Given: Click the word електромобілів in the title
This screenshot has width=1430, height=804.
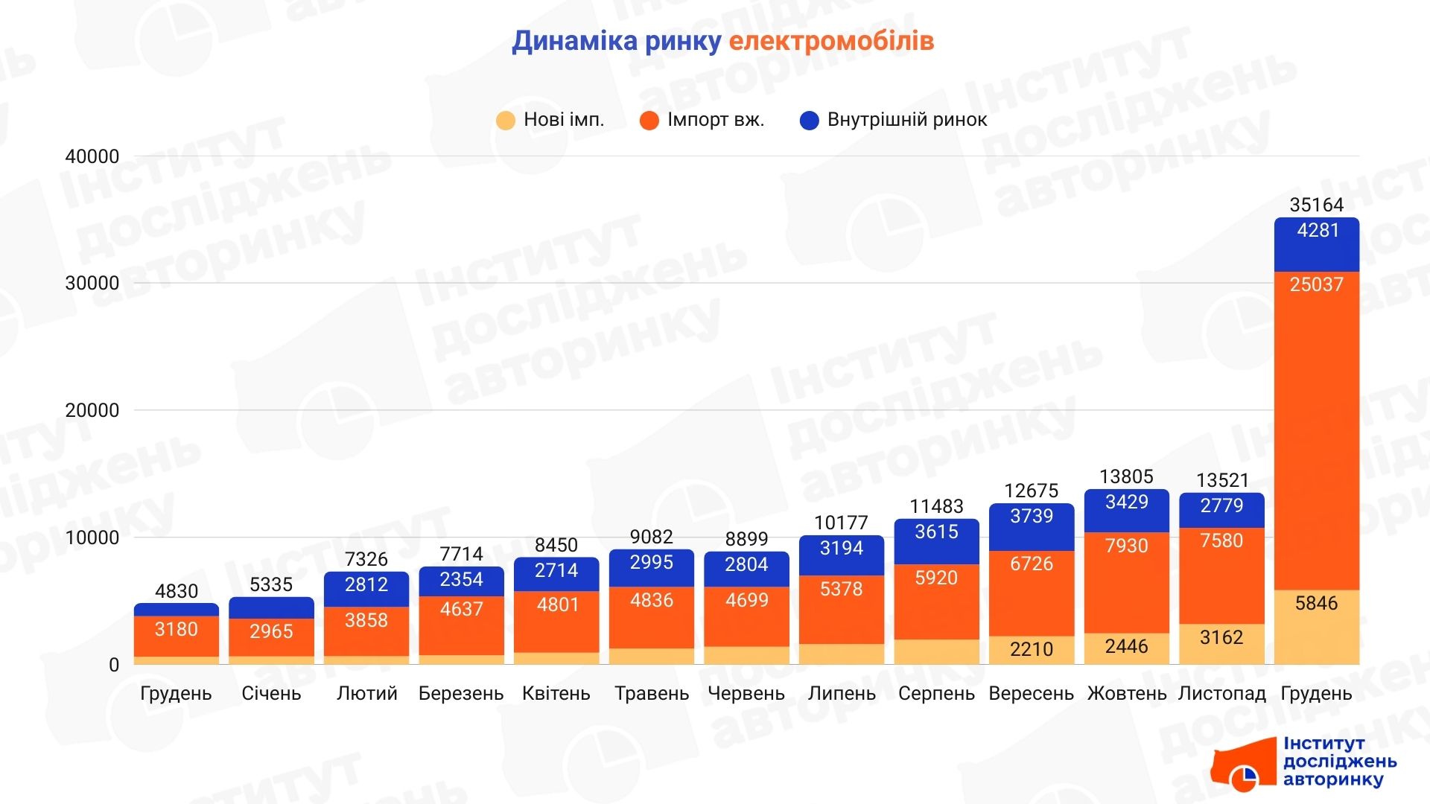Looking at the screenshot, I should [x=830, y=41].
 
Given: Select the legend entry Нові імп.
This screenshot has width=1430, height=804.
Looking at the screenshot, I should [x=550, y=120].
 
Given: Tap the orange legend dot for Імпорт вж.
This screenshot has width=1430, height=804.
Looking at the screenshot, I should [x=649, y=121].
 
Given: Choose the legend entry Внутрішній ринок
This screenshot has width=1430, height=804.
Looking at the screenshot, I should [x=893, y=120].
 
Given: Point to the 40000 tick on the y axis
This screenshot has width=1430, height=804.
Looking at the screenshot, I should [x=92, y=156].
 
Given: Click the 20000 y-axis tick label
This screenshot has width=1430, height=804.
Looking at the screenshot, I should [x=92, y=410].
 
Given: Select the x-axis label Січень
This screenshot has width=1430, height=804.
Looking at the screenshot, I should [x=271, y=693].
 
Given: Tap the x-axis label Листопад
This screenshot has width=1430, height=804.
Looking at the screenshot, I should [x=1221, y=693].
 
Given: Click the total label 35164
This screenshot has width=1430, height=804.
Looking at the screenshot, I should [x=1316, y=205].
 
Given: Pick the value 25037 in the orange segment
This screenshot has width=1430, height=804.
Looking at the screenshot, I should [x=1316, y=284].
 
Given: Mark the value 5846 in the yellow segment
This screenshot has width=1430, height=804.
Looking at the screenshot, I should [x=1316, y=603].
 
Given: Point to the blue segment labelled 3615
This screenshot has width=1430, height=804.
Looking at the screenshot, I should [x=936, y=540].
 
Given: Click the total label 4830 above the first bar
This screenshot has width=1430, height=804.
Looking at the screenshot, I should [x=177, y=591].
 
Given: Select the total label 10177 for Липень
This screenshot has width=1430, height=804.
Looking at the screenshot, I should [x=842, y=523].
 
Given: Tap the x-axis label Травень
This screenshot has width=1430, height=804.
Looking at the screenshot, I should [x=652, y=693].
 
